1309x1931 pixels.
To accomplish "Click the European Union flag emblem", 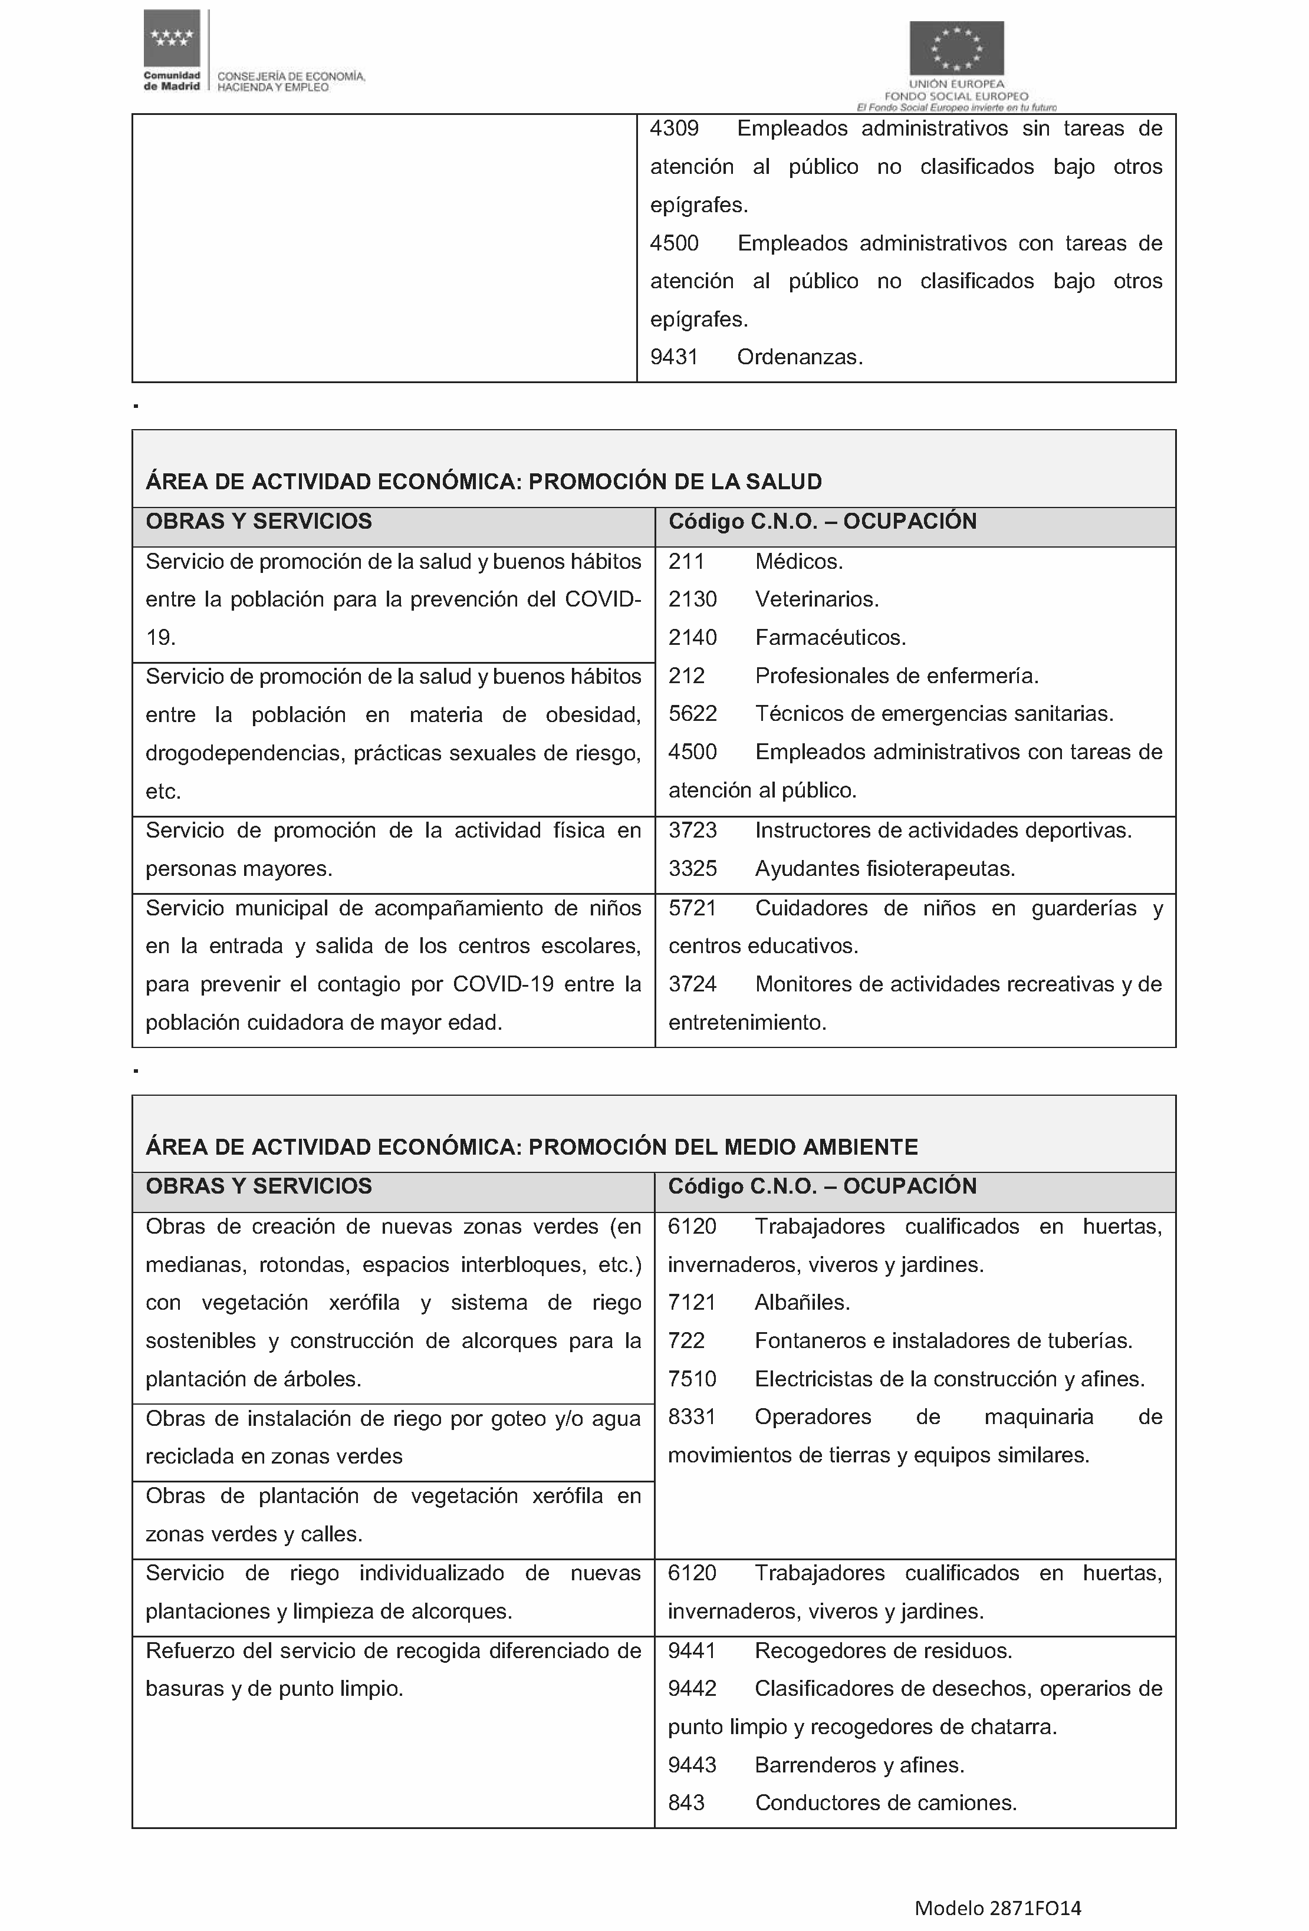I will tap(956, 48).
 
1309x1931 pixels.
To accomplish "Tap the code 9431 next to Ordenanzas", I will tap(673, 357).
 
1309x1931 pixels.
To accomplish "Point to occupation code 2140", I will tap(692, 637).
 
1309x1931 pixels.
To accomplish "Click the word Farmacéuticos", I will tap(830, 637).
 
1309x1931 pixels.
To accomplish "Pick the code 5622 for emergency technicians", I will tap(692, 714).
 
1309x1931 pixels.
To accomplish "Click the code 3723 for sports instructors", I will tap(692, 830).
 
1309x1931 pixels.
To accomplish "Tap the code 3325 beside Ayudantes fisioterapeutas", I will tap(692, 868).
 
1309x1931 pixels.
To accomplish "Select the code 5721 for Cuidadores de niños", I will tap(692, 908).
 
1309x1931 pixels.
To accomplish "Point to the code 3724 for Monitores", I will tap(692, 984).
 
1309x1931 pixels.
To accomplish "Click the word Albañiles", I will tap(801, 1302).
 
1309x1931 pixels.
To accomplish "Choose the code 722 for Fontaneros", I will tap(686, 1340).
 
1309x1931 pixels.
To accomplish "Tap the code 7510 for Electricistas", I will tap(692, 1379).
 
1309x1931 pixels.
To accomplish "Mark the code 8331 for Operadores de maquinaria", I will tap(692, 1416).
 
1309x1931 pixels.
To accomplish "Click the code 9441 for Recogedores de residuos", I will tap(692, 1650).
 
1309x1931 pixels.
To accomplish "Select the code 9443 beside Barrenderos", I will tap(692, 1764).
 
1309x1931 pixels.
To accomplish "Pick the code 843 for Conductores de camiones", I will tap(686, 1803).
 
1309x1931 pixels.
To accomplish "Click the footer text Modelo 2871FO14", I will tap(997, 1909).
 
